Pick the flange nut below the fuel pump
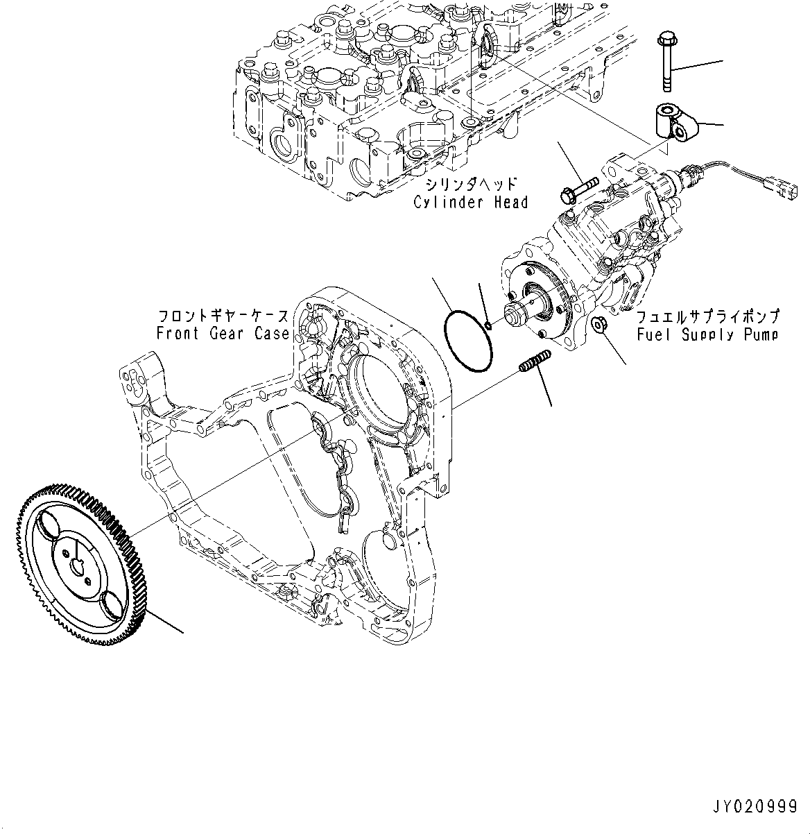tap(601, 323)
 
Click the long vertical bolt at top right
tap(665, 60)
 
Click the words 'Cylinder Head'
tap(471, 203)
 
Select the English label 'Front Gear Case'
tap(222, 334)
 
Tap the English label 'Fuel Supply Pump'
tap(707, 335)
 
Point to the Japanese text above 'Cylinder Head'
tap(472, 185)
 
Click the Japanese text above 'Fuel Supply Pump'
tap(707, 317)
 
